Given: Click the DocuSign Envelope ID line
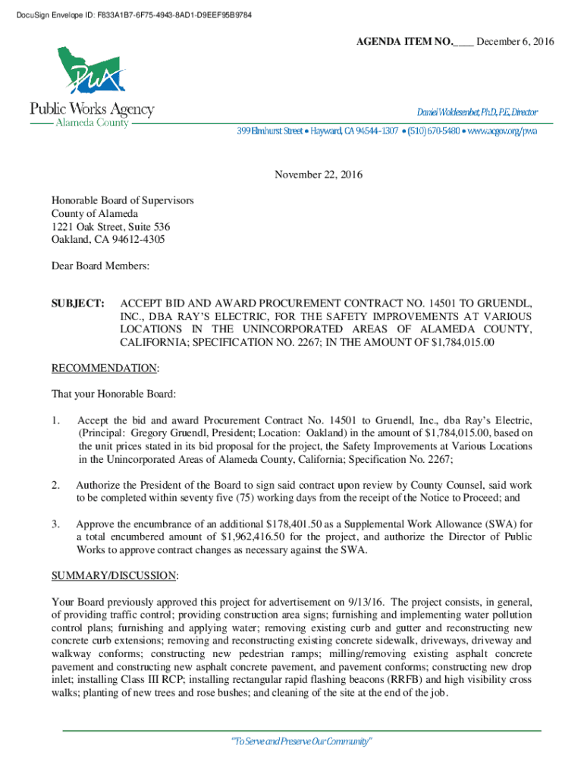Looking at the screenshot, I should point(129,15).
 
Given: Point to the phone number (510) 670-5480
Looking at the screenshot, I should point(433,131).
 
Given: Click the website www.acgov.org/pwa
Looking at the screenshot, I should point(502,131).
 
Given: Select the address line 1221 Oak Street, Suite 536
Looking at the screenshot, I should point(111,227).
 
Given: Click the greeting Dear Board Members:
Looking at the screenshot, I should point(100,266).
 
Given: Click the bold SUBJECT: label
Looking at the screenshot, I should point(78,304).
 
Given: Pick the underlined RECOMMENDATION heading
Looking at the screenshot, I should point(105,368).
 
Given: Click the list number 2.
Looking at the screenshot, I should point(55,484).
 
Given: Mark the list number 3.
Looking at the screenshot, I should point(55,524).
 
